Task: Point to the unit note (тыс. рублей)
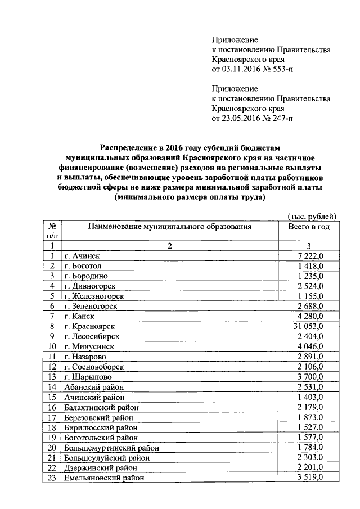[312, 216]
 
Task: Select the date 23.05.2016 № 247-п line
[253, 119]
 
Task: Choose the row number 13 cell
[52, 376]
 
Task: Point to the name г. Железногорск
[94, 296]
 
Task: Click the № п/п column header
[52, 231]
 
